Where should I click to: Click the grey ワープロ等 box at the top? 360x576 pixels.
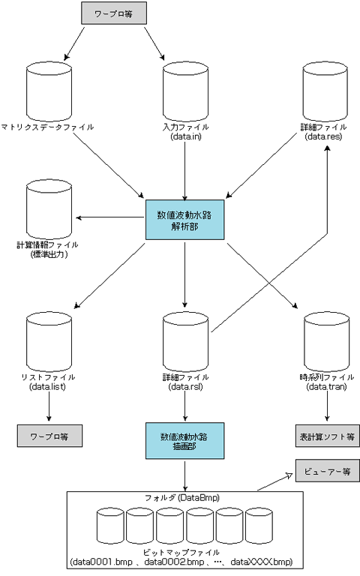[114, 13]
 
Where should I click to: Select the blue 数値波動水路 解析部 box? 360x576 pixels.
[184, 220]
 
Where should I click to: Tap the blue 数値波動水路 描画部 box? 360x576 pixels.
[184, 441]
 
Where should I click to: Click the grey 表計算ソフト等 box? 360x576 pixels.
[328, 436]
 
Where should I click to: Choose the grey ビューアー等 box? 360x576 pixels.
[328, 470]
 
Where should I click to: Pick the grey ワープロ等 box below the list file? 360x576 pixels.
[49, 436]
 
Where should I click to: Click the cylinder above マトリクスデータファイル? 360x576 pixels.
[49, 91]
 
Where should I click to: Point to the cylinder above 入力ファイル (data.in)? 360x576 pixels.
[185, 91]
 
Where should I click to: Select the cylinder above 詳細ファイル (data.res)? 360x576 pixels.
[325, 91]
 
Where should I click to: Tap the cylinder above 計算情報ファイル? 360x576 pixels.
[49, 209]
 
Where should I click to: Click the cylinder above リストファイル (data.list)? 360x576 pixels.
[49, 342]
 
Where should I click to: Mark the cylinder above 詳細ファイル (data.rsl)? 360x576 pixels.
[185, 342]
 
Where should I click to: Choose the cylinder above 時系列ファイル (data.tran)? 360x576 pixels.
[326, 342]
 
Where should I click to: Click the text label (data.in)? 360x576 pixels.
[185, 136]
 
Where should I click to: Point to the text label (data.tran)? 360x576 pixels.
[326, 386]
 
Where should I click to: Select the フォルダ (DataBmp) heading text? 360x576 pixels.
[182, 498]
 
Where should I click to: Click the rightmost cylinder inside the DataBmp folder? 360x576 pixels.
[259, 526]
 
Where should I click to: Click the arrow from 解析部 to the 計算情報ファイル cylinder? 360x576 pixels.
[110, 217]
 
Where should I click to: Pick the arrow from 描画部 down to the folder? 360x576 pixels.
[184, 475]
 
